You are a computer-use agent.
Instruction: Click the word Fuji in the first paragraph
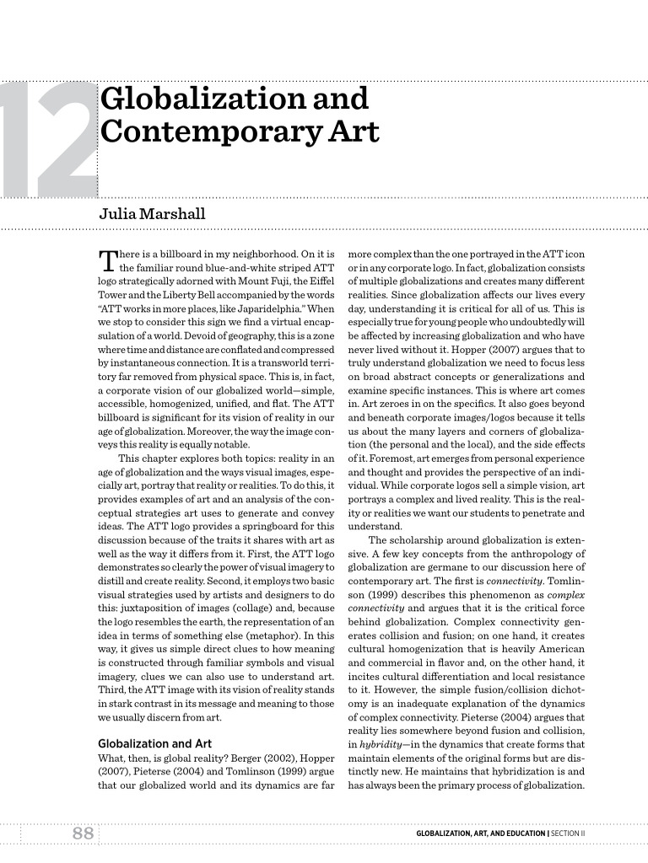261,281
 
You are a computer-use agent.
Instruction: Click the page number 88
82,834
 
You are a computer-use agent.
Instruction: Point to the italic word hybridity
380,744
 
